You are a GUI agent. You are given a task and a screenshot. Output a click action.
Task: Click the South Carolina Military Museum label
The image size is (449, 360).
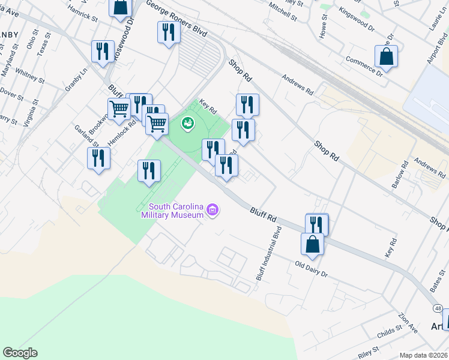(172, 211)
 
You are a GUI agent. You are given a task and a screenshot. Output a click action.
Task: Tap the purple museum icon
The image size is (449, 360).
(212, 210)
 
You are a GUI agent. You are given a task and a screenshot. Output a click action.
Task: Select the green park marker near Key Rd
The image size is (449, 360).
(188, 124)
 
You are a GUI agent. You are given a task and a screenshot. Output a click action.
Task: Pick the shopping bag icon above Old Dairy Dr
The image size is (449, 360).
(312, 244)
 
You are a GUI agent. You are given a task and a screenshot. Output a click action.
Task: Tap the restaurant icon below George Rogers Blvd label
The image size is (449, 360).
(169, 32)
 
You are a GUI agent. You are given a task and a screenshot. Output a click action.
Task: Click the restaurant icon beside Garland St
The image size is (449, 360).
(98, 158)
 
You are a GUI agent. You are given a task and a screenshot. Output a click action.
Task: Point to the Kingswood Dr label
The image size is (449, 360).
(356, 19)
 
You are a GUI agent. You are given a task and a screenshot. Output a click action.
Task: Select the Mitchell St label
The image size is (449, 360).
(283, 11)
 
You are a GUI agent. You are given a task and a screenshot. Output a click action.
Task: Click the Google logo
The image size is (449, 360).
(20, 353)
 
